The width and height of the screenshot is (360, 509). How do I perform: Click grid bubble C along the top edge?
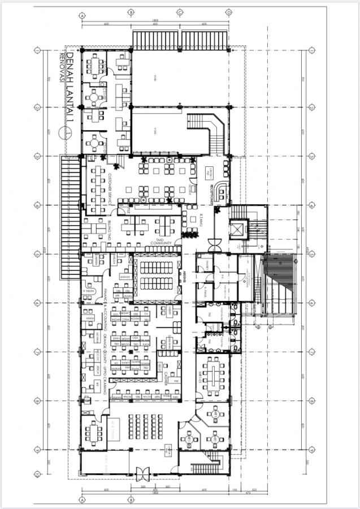point(180,11)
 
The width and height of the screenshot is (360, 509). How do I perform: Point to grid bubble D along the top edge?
point(229,11)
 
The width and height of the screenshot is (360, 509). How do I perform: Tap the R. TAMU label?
point(201,221)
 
